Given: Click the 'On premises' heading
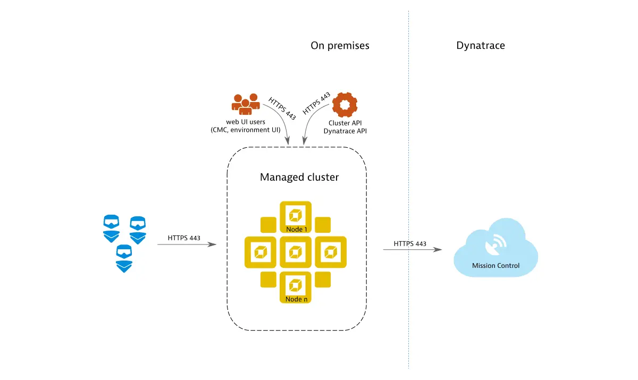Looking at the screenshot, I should [x=340, y=46].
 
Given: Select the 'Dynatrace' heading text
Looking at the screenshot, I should [x=481, y=46].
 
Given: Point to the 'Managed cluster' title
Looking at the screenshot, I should [x=299, y=177].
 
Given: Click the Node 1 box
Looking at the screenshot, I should [x=296, y=217].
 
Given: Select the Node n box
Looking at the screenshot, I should [x=296, y=288].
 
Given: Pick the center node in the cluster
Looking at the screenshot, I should [x=296, y=252].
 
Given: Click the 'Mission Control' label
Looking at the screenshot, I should [x=496, y=266].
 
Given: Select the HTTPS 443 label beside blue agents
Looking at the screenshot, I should [x=184, y=238].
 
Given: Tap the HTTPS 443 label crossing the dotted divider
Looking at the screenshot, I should [x=410, y=243].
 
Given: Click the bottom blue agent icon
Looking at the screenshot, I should [x=124, y=258].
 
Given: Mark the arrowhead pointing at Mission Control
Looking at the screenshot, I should [x=439, y=249].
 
